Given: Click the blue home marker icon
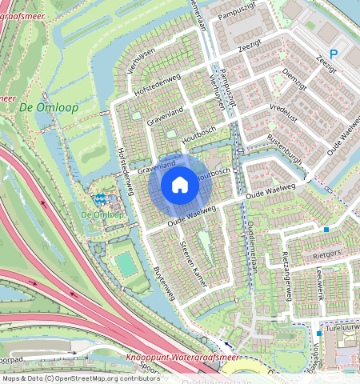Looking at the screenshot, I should (x=180, y=186).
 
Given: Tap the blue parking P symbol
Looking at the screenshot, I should (x=334, y=54).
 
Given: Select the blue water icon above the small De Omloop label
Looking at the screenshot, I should (x=101, y=198).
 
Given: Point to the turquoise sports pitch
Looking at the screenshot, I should (x=125, y=262).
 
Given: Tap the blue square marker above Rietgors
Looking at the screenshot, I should (x=326, y=230).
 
